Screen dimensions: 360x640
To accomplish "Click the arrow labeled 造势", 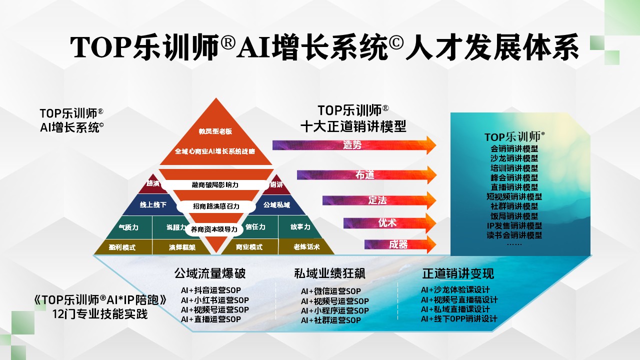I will point(353,145).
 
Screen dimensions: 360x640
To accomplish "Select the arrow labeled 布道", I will point(365,175).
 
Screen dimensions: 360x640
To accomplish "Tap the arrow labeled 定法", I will point(377,200).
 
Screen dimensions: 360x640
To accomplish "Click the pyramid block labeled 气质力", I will point(128,227).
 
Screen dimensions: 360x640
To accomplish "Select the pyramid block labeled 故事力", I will point(300,227).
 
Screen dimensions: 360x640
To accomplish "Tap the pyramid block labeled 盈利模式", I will point(122,247).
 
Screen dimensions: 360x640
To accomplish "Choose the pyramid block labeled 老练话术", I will point(306,247).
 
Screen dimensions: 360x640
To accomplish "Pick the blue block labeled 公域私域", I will point(276,205).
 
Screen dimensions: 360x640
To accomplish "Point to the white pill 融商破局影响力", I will point(215,184).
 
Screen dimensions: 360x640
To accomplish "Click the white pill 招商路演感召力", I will point(216,206).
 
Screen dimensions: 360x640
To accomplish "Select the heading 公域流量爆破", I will point(210,273).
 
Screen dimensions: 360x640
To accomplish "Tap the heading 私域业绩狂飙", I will point(330,273).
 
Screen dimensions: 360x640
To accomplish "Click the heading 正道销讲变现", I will point(458,273).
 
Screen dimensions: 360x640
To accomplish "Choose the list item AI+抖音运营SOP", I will point(211,290).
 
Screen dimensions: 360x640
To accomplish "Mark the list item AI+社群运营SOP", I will point(331,320).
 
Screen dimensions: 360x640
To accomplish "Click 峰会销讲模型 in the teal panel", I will point(514,177).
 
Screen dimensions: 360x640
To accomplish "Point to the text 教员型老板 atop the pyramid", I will point(215,131).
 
